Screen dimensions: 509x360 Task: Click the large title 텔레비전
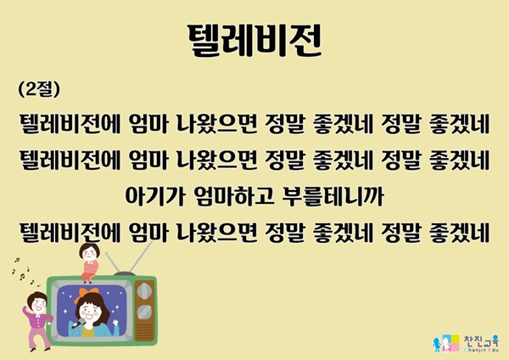pyautogui.click(x=255, y=41)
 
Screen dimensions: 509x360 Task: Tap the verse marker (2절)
pyautogui.click(x=39, y=88)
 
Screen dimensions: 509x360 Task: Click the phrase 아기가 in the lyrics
pyautogui.click(x=155, y=196)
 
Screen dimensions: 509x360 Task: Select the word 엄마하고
pyautogui.click(x=233, y=196)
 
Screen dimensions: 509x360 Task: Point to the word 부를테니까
pyautogui.click(x=333, y=196)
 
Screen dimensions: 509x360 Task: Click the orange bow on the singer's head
pyautogui.click(x=87, y=294)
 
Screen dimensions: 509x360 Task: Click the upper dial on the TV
pyautogui.click(x=145, y=290)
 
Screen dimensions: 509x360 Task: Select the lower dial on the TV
pyautogui.click(x=145, y=312)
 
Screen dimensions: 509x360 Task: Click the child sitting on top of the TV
pyautogui.click(x=89, y=262)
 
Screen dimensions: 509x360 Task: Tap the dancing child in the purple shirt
pyautogui.click(x=37, y=321)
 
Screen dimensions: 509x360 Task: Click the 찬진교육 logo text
pyautogui.click(x=481, y=341)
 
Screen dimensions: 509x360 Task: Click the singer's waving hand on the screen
pyautogui.click(x=115, y=323)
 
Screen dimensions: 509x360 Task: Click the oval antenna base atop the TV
pyautogui.click(x=125, y=274)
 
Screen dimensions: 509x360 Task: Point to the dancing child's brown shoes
pyautogui.click(x=40, y=349)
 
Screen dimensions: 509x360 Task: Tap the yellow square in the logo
pyautogui.click(x=454, y=339)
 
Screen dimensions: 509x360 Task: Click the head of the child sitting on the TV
pyautogui.click(x=90, y=251)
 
